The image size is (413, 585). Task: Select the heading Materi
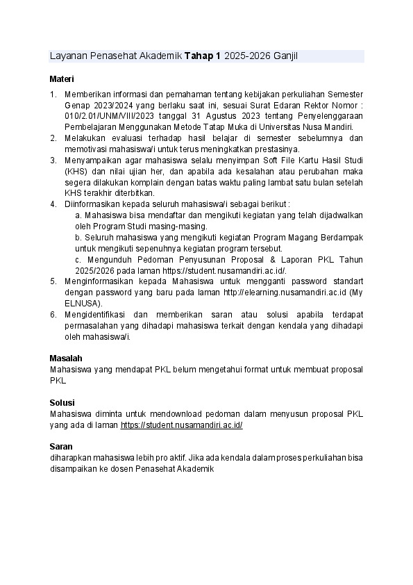[62, 79]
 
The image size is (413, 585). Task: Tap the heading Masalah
[65, 358]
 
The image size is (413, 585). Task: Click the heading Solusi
[62, 402]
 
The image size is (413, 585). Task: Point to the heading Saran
[61, 446]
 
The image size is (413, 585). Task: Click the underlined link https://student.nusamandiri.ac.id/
[181, 425]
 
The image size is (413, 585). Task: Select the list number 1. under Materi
[53, 94]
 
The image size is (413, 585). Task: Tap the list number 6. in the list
[53, 315]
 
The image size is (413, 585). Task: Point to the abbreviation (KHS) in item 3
[76, 171]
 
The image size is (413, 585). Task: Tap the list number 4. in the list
[53, 204]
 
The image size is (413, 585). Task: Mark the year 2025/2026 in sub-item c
[94, 270]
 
